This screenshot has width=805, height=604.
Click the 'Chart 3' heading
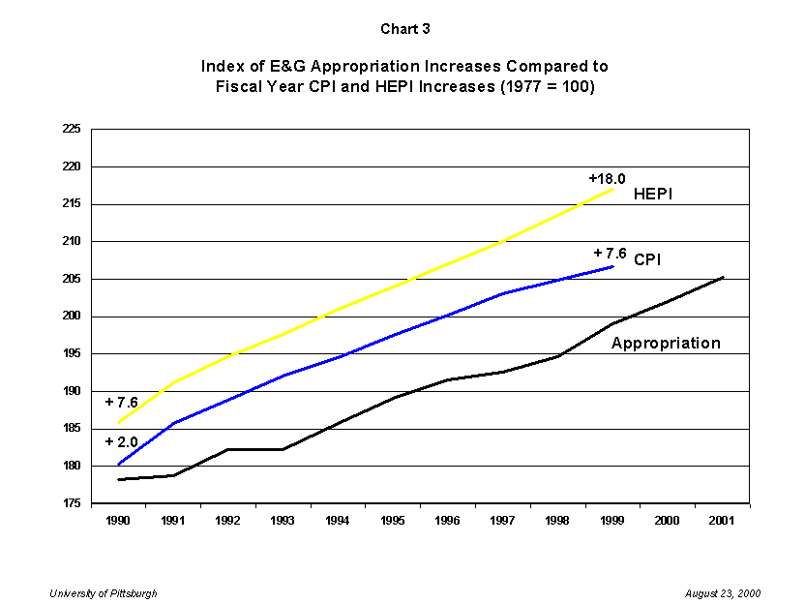point(404,29)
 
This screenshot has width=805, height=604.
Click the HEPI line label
point(653,195)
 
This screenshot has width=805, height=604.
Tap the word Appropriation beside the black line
point(666,343)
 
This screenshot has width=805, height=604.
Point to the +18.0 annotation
point(607,178)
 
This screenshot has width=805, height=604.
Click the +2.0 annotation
point(121,441)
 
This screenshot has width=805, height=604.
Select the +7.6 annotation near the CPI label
point(610,254)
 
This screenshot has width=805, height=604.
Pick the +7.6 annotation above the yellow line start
point(121,402)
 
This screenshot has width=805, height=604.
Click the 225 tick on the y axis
point(72,129)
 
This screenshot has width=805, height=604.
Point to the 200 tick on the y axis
point(72,317)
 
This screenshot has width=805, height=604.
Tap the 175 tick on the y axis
point(72,503)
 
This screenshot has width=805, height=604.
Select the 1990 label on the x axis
point(119,520)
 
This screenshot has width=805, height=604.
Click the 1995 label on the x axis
point(394,520)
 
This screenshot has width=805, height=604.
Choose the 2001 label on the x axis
point(722,520)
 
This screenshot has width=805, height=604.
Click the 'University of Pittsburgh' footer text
point(104,592)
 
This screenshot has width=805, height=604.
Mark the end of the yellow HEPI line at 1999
point(612,189)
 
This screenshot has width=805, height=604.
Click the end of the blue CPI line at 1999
point(612,266)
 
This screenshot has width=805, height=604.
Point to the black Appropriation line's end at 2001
point(723,277)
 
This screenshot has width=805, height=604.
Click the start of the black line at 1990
point(119,479)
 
